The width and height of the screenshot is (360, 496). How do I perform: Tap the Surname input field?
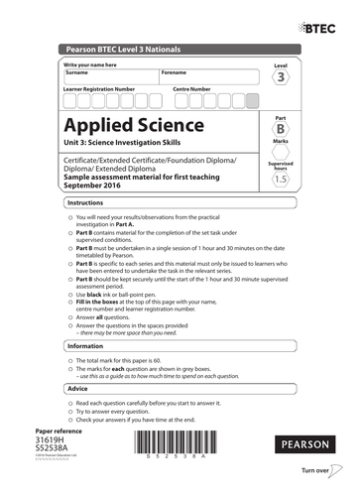tap(105, 79)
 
